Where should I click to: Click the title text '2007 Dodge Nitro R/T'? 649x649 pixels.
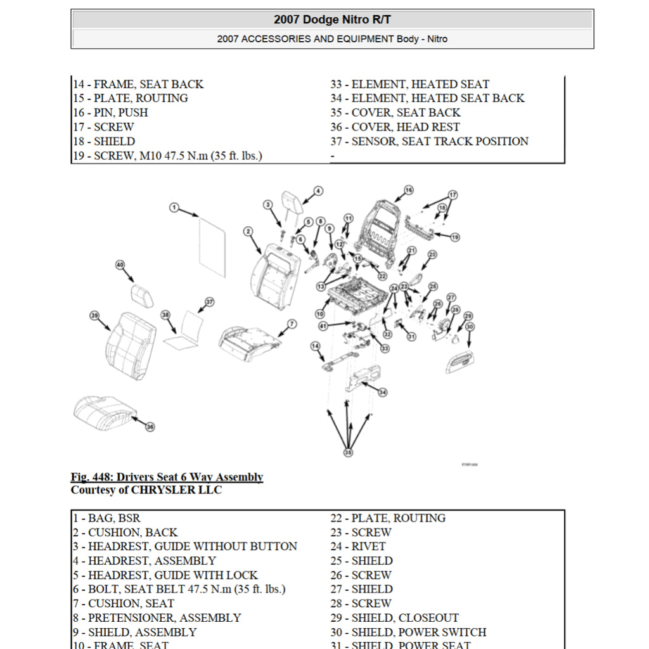pos(332,20)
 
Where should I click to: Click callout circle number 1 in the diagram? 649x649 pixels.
pos(175,208)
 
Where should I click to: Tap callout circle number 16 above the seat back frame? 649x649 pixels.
pos(408,190)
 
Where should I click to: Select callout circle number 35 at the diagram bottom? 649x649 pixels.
pos(348,453)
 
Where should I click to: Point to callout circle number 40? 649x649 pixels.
pos(120,265)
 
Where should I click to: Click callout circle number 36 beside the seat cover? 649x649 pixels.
pos(150,427)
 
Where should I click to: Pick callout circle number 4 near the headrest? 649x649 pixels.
pos(318,190)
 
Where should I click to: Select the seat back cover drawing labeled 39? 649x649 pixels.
pos(131,345)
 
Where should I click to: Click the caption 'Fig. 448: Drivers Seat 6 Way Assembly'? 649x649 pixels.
pos(167,477)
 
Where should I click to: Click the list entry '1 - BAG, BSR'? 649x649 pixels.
pos(106,518)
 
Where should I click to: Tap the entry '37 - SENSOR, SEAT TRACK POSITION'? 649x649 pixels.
pos(429,141)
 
